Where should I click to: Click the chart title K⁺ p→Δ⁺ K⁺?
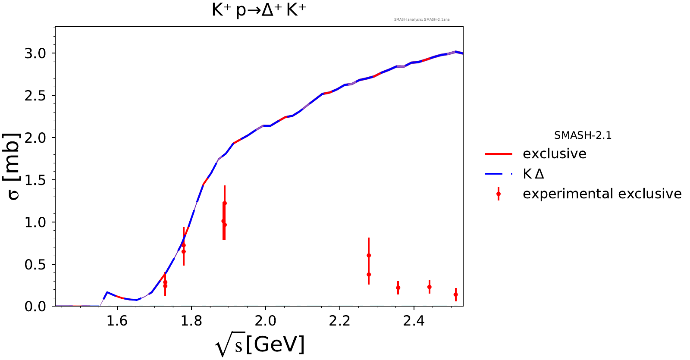[259, 10]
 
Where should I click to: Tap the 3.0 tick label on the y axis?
[35, 53]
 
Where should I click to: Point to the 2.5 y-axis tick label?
[35, 96]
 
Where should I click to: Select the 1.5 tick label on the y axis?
[35, 180]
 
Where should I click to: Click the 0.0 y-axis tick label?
[35, 307]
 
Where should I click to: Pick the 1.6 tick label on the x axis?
[117, 321]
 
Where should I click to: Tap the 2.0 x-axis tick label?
[265, 321]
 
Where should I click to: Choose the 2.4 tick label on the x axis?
[414, 321]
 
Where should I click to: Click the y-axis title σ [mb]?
[13, 166]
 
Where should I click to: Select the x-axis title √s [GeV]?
[260, 345]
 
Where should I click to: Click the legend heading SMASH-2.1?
[583, 135]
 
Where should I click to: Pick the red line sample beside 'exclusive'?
[498, 154]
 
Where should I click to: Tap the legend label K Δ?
[533, 174]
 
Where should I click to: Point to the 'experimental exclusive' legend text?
[602, 194]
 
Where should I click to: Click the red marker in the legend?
[499, 194]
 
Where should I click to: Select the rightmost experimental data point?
[455, 294]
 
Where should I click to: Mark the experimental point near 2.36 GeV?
[398, 288]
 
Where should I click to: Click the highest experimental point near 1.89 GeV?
[225, 203]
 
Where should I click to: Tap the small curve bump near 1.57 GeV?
[107, 292]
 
